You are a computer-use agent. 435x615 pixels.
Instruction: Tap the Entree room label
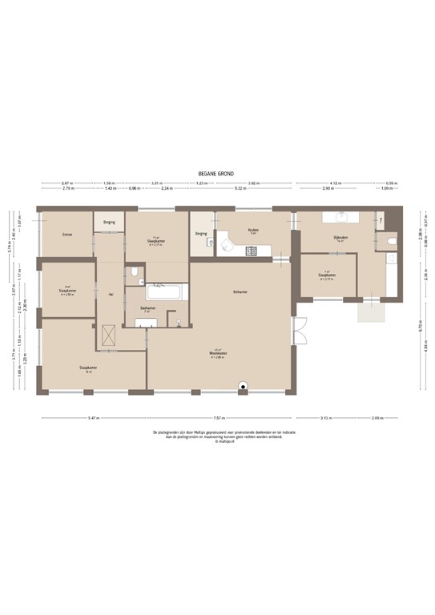pos(68,235)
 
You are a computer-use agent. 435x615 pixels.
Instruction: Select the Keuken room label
pos(252,229)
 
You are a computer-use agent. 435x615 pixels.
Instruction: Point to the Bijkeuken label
pos(341,238)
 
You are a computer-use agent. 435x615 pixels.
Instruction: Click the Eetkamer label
pos(240,291)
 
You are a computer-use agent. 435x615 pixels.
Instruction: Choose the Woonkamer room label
pos(216,353)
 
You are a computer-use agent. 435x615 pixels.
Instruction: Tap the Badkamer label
pos(147,307)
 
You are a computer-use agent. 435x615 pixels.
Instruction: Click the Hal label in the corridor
pos(109,294)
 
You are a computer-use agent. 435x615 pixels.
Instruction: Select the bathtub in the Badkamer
pos(166,290)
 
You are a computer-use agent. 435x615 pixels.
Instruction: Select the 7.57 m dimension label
pos(217,418)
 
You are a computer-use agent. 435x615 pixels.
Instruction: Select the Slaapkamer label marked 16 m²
pos(87,369)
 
